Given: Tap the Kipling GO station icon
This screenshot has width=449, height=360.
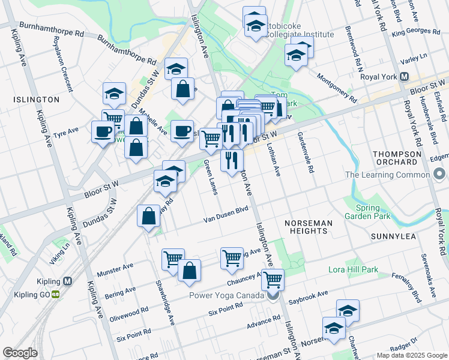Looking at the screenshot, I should coord(56,294).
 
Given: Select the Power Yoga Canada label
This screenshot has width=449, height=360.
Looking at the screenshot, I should coord(226,296).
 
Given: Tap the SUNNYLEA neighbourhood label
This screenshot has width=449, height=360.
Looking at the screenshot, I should coord(393,236).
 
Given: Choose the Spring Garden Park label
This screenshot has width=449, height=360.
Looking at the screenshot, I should coord(367,212).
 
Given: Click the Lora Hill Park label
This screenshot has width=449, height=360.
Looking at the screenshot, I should coord(354,270).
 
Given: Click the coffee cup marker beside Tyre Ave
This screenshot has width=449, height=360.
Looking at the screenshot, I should coord(102,131).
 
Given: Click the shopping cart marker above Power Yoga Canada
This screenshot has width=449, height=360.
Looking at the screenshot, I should coord(273,279).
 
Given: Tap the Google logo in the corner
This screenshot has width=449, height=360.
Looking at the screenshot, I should coord(20,353).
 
